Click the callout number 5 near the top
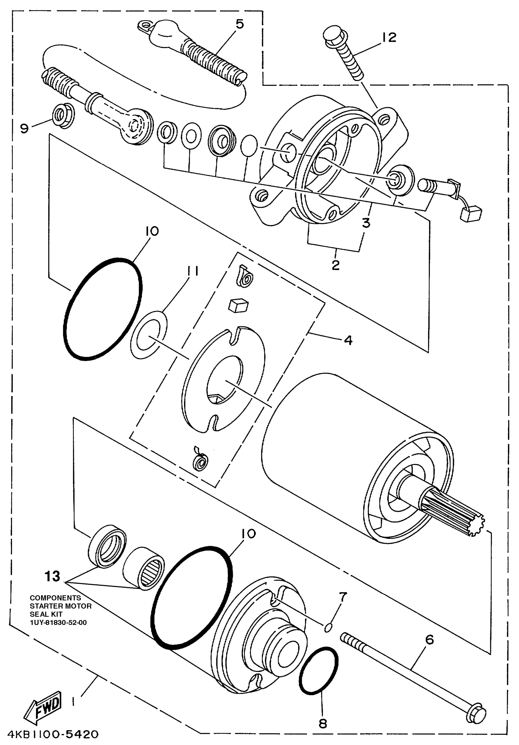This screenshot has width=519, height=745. tap(239, 24)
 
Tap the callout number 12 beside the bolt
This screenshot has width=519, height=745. tap(389, 37)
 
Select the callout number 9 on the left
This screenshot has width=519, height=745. tap(24, 129)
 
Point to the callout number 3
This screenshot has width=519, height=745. tap(366, 223)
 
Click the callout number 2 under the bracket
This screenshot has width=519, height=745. tap(336, 265)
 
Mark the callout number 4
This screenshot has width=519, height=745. tap(348, 340)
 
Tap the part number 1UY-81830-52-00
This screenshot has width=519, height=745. tap(58, 622)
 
